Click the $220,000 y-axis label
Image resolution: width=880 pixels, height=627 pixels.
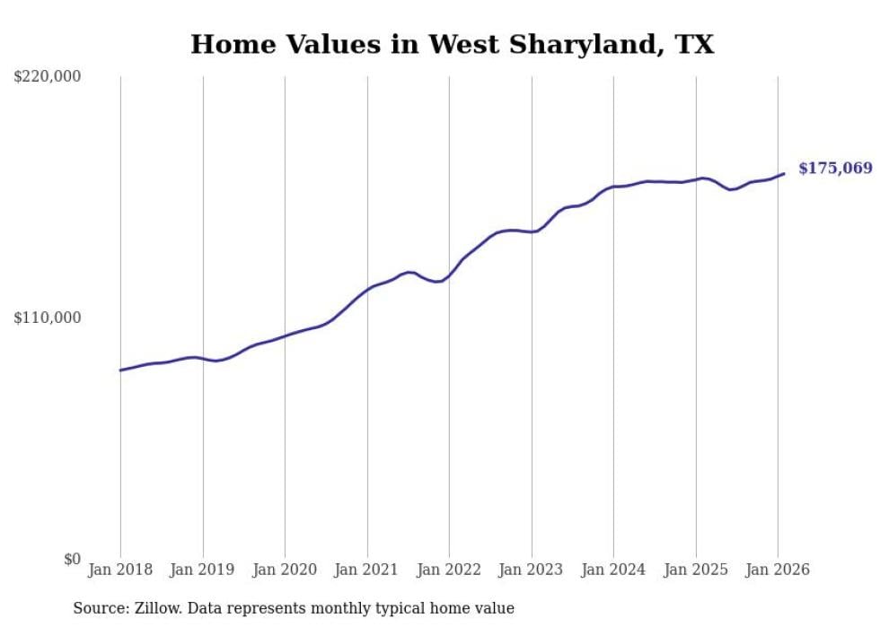point(47,77)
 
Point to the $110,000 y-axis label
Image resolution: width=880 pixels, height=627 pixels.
point(47,318)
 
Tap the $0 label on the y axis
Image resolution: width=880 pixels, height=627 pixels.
point(72,559)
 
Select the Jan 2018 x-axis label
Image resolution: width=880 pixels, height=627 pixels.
point(120,570)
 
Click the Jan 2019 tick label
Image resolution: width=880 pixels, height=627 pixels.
point(202,570)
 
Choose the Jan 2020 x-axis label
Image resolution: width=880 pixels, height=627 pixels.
point(285,570)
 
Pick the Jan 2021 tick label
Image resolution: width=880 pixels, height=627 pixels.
point(366,570)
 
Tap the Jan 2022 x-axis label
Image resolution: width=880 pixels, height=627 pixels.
point(449,570)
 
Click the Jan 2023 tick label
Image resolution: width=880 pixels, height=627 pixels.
point(531,570)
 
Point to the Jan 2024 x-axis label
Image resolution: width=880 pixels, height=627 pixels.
point(613,570)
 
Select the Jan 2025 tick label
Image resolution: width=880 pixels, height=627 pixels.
point(695,570)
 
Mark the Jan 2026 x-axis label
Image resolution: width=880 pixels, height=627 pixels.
point(778,570)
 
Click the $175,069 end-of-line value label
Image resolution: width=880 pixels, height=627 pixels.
point(835,169)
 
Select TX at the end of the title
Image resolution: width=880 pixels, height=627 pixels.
point(696,45)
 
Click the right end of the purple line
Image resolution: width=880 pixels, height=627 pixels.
point(784,174)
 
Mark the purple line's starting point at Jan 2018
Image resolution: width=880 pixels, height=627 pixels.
point(120,370)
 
